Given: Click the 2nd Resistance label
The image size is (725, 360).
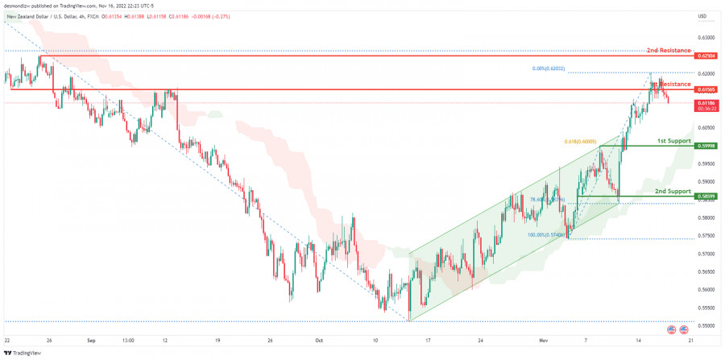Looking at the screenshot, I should [669, 51].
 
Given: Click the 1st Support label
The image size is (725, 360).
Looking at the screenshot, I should [673, 141].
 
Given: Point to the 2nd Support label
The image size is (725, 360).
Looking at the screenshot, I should [673, 191].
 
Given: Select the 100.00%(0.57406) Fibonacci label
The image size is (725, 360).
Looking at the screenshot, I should [546, 235].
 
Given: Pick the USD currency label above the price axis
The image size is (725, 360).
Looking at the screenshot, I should [702, 16].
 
